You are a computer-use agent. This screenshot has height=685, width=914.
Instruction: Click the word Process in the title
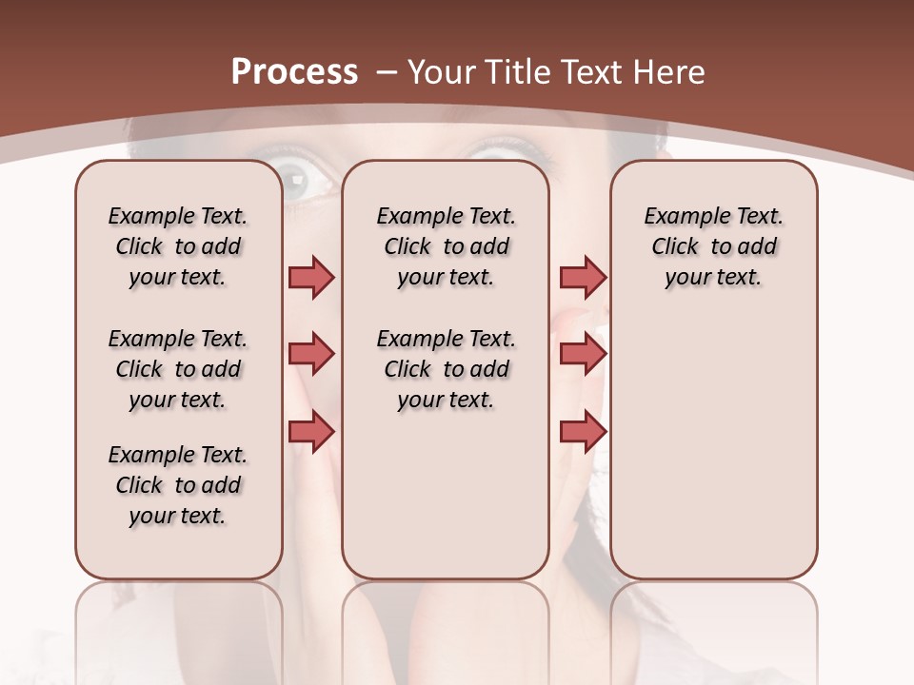pyautogui.click(x=294, y=72)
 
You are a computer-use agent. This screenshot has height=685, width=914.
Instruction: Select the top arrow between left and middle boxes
pyautogui.click(x=311, y=277)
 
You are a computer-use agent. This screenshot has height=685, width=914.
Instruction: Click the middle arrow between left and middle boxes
pyautogui.click(x=311, y=354)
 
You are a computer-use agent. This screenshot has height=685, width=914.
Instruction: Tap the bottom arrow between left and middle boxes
pyautogui.click(x=311, y=432)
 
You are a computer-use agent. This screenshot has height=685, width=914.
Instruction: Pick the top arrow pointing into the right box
pyautogui.click(x=583, y=277)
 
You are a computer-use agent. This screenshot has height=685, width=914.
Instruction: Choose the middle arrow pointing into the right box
pyautogui.click(x=583, y=354)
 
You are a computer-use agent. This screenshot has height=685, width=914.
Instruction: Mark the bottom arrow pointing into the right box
pyautogui.click(x=583, y=432)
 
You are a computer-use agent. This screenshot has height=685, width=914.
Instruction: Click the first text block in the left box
pyautogui.click(x=178, y=246)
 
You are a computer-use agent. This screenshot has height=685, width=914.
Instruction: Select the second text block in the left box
pyautogui.click(x=178, y=369)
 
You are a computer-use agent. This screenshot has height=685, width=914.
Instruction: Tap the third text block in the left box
pyautogui.click(x=178, y=485)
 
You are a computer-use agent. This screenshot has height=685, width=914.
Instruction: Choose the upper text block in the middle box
pyautogui.click(x=446, y=246)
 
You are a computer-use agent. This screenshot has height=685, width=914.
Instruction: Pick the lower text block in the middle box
pyautogui.click(x=446, y=369)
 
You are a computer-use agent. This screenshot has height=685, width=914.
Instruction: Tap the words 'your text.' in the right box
pyautogui.click(x=713, y=278)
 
